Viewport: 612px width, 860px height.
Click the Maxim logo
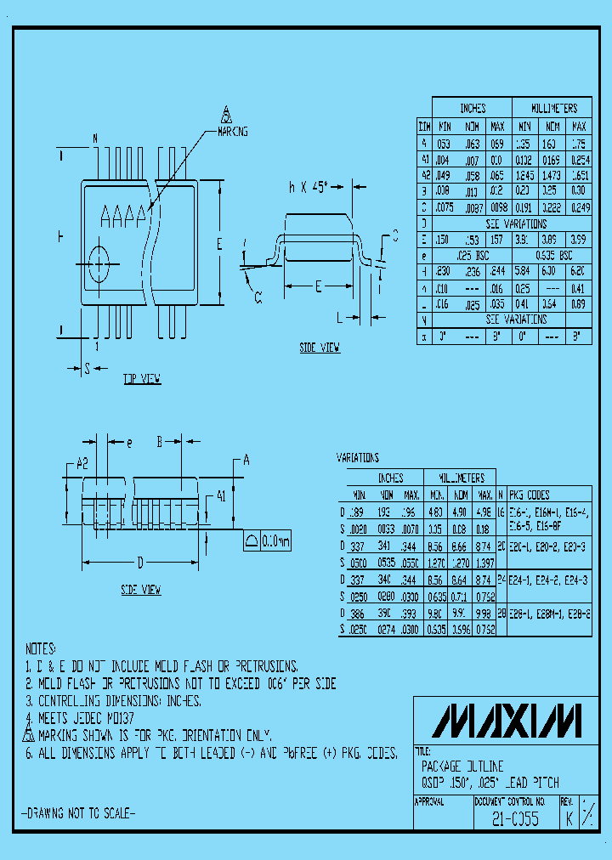click(x=507, y=721)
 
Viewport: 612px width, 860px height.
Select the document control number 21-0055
click(x=514, y=821)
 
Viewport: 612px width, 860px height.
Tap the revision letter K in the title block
click(x=569, y=821)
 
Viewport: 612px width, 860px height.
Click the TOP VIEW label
click(x=141, y=379)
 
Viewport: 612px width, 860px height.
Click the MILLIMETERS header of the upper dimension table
click(x=553, y=109)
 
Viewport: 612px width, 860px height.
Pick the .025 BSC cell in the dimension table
click(x=472, y=255)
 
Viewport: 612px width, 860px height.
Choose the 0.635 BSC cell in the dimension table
click(x=553, y=255)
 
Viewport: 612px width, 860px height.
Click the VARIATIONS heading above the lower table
click(x=358, y=458)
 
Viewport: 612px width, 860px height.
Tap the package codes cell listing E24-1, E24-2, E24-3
click(x=547, y=579)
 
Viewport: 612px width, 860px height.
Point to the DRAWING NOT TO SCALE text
click(x=77, y=813)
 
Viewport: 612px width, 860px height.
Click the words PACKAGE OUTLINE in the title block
click(x=462, y=766)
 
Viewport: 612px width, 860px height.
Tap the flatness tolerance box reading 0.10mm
click(x=267, y=540)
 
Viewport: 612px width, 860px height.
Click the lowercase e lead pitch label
click(x=128, y=443)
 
